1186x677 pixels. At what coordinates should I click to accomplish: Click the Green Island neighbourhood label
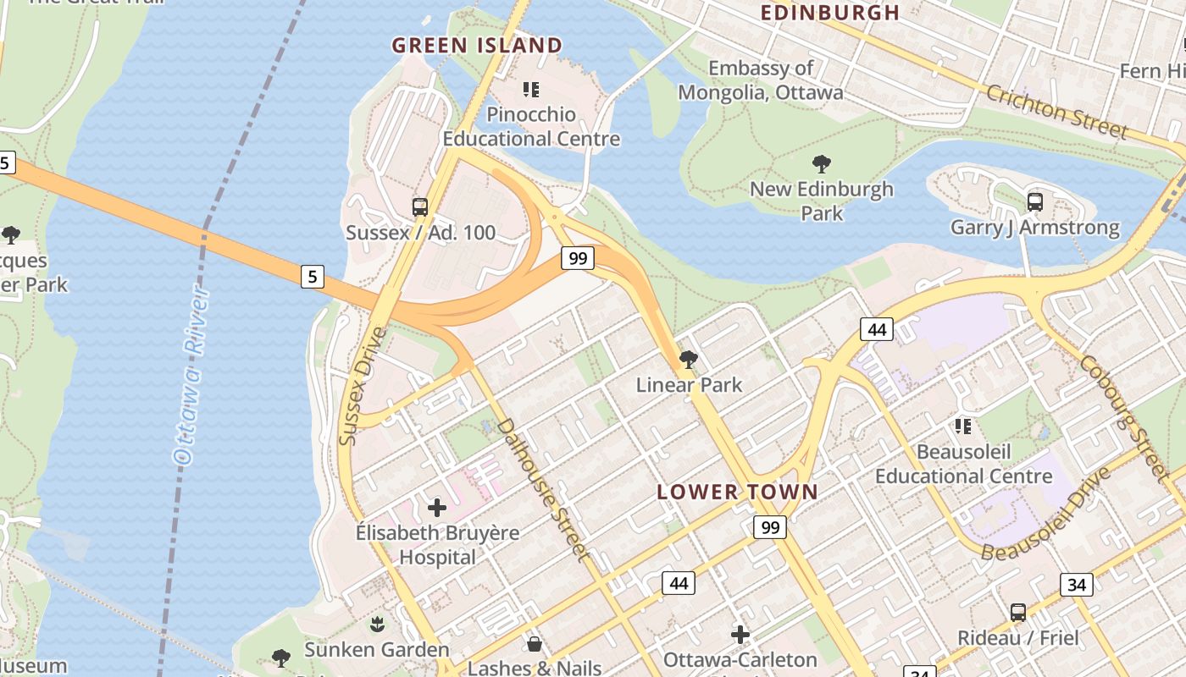[477, 46]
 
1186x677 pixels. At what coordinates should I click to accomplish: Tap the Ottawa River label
[191, 377]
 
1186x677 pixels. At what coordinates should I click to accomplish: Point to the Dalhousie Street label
[543, 489]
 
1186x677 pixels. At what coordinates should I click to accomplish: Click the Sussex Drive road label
[362, 386]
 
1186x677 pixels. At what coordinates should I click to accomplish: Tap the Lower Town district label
[737, 492]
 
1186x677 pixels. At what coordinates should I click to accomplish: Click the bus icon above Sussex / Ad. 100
[420, 206]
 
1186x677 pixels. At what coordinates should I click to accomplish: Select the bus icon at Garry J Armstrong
[1034, 201]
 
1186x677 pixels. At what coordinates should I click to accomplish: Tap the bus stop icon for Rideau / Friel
[1017, 612]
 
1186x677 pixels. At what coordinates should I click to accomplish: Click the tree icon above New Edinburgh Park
[821, 163]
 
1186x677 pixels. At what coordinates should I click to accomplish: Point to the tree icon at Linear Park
[689, 360]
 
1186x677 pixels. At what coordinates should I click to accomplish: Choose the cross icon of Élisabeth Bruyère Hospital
[437, 508]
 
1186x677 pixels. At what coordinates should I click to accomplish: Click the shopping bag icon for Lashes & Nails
[535, 644]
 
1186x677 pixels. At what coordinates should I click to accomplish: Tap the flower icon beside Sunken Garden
[376, 625]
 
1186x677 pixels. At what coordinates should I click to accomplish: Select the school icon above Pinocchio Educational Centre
[531, 89]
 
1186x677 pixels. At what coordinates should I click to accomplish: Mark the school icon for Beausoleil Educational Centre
[963, 426]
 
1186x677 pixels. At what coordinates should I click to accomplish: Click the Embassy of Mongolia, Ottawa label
[760, 80]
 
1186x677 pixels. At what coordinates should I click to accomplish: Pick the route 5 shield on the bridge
[313, 276]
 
